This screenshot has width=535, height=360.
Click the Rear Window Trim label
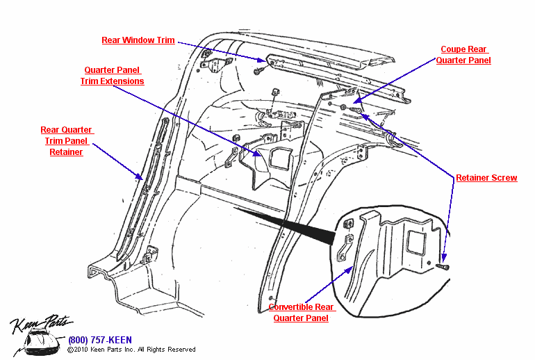pyautogui.click(x=138, y=40)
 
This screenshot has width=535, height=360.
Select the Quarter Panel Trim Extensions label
pyautogui.click(x=112, y=76)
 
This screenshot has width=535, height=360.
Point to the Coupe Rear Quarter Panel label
pyautogui.click(x=463, y=55)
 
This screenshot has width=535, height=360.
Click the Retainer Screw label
pyautogui.click(x=486, y=178)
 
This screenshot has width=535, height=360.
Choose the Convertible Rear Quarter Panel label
pyautogui.click(x=301, y=313)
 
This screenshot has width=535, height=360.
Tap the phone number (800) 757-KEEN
pyautogui.click(x=99, y=341)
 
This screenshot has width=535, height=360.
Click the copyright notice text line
pyautogui.click(x=131, y=350)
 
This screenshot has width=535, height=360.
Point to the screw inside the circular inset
pyautogui.click(x=443, y=266)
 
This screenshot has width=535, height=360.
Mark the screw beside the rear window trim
pyautogui.click(x=258, y=71)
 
